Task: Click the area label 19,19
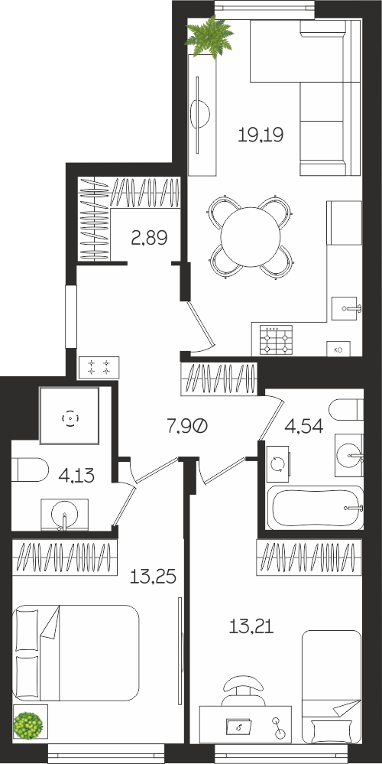click(261, 134)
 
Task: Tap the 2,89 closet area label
click(149, 238)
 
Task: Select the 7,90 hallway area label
click(188, 427)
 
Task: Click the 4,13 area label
click(76, 474)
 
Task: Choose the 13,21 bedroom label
click(251, 625)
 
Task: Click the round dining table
click(251, 237)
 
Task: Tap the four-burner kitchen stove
click(276, 339)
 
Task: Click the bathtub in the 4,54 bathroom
click(316, 508)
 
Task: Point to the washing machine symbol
click(278, 465)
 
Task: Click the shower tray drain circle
click(70, 418)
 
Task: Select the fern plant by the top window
click(209, 37)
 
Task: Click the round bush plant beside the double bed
click(28, 724)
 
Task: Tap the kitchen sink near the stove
click(347, 308)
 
